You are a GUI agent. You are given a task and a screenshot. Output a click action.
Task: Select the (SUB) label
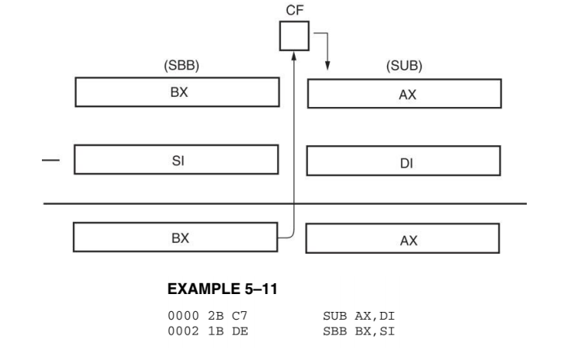(x=403, y=67)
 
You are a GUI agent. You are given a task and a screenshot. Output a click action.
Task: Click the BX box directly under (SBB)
(x=176, y=91)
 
